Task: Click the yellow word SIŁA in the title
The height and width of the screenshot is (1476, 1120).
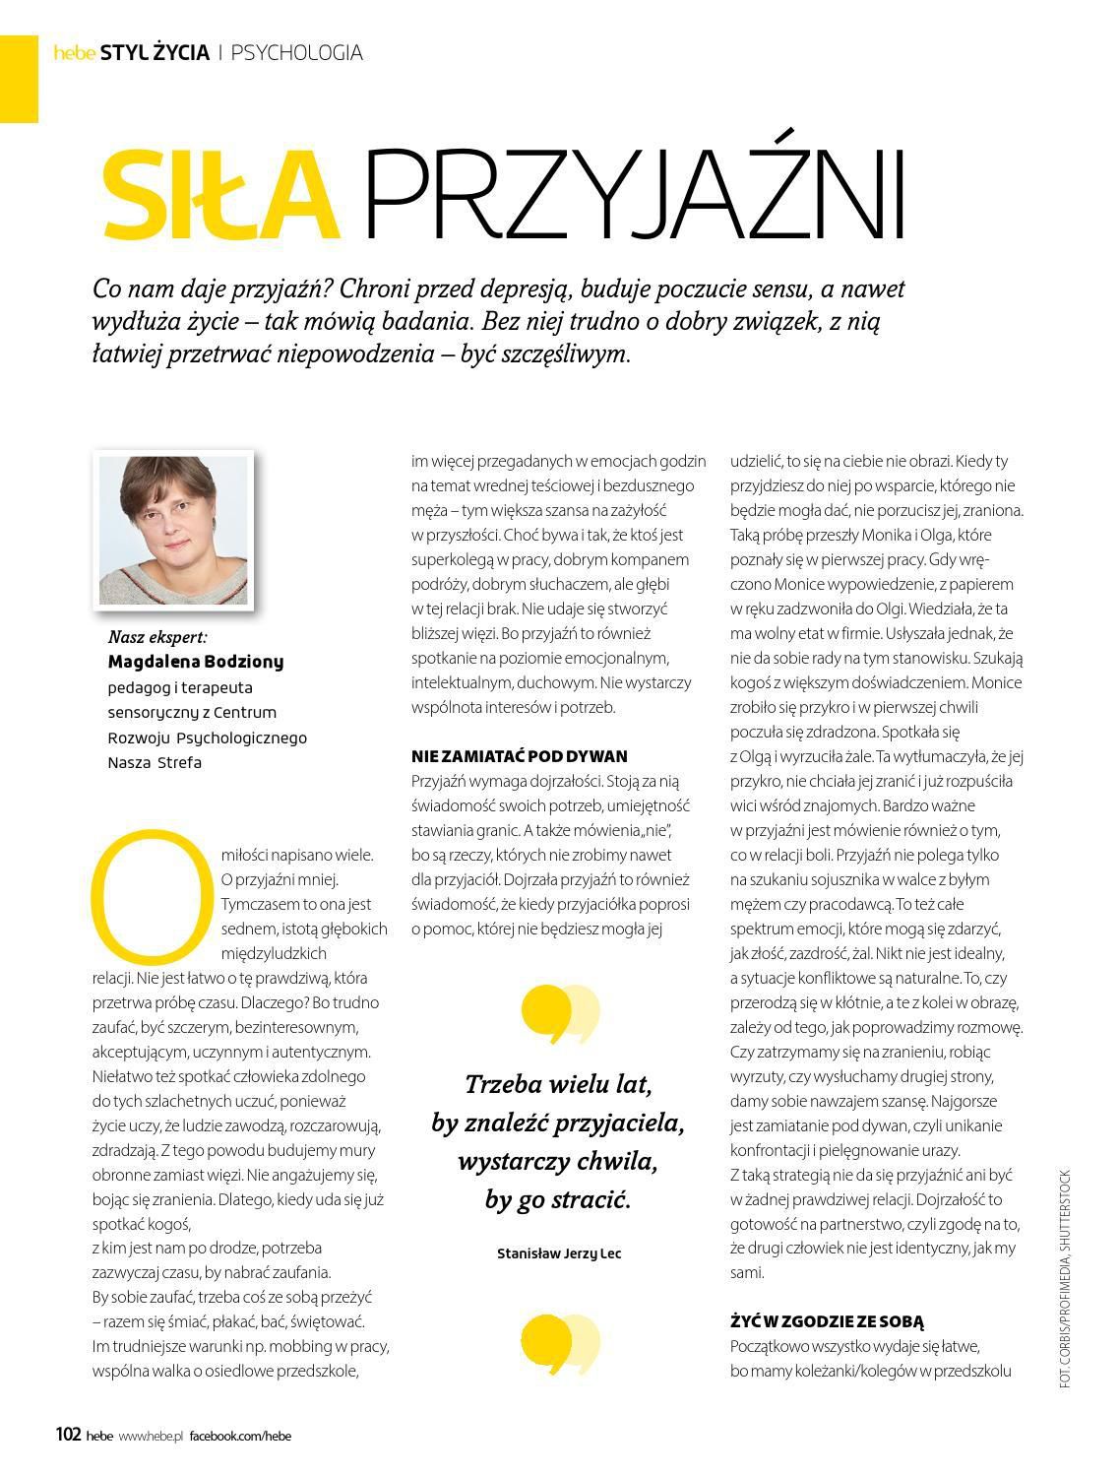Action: click(x=220, y=195)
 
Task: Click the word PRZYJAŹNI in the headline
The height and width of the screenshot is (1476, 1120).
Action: click(x=634, y=195)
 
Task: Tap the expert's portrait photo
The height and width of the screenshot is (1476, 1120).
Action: click(x=173, y=529)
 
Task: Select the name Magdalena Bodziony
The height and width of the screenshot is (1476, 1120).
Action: click(x=195, y=662)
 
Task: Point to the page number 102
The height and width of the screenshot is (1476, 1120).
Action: click(x=67, y=1435)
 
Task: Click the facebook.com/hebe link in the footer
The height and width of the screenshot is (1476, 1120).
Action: click(x=240, y=1436)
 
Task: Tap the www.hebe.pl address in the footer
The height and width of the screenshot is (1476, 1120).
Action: click(x=152, y=1436)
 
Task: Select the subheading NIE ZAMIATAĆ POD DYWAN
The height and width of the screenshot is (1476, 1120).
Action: click(x=519, y=756)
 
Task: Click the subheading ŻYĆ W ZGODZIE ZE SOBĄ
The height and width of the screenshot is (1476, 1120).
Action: click(x=827, y=1321)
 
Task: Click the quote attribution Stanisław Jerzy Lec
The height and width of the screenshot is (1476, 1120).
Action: click(x=559, y=1253)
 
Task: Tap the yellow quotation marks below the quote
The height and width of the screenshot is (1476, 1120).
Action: click(x=558, y=1343)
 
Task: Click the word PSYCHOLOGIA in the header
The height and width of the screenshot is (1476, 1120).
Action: click(x=296, y=52)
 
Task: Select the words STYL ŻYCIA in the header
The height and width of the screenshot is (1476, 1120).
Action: click(x=155, y=52)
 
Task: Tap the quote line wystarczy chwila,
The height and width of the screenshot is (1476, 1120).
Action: click(x=557, y=1161)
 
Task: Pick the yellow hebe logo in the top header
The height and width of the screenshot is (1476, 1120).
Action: click(x=74, y=53)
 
